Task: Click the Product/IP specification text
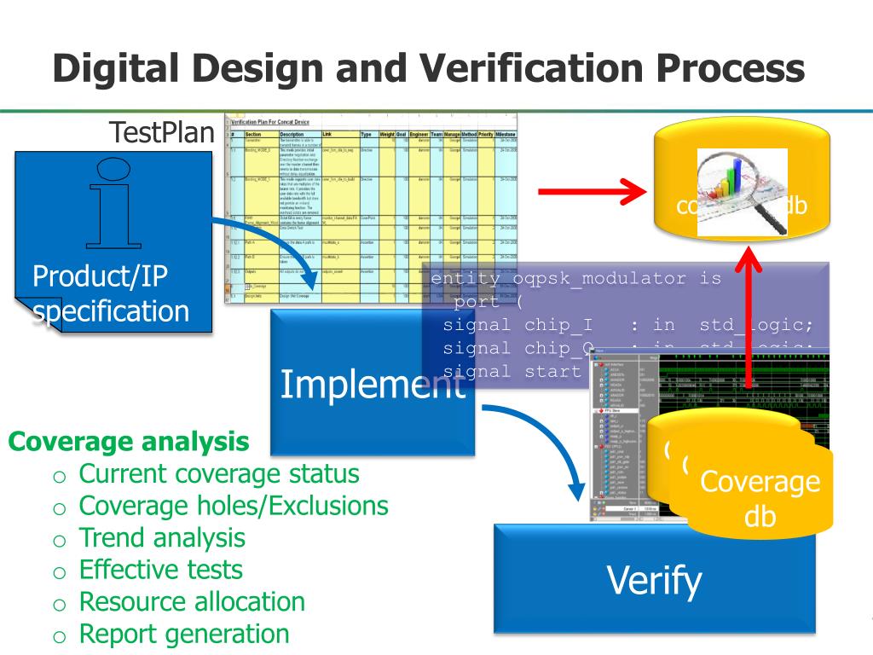110,293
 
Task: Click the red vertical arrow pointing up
749,324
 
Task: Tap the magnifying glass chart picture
742,192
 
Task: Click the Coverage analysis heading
129,442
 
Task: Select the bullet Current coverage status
218,473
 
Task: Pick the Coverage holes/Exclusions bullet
233,506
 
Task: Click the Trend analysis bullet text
162,537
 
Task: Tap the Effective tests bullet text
160,570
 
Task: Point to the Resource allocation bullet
191,601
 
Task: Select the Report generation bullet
183,634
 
